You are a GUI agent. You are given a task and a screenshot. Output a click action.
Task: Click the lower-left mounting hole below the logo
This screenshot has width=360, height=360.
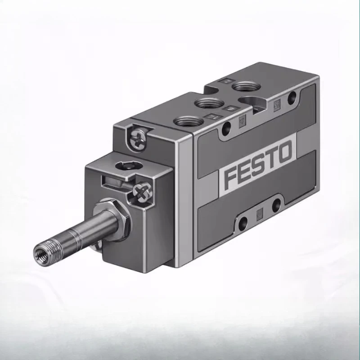click(x=243, y=221)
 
